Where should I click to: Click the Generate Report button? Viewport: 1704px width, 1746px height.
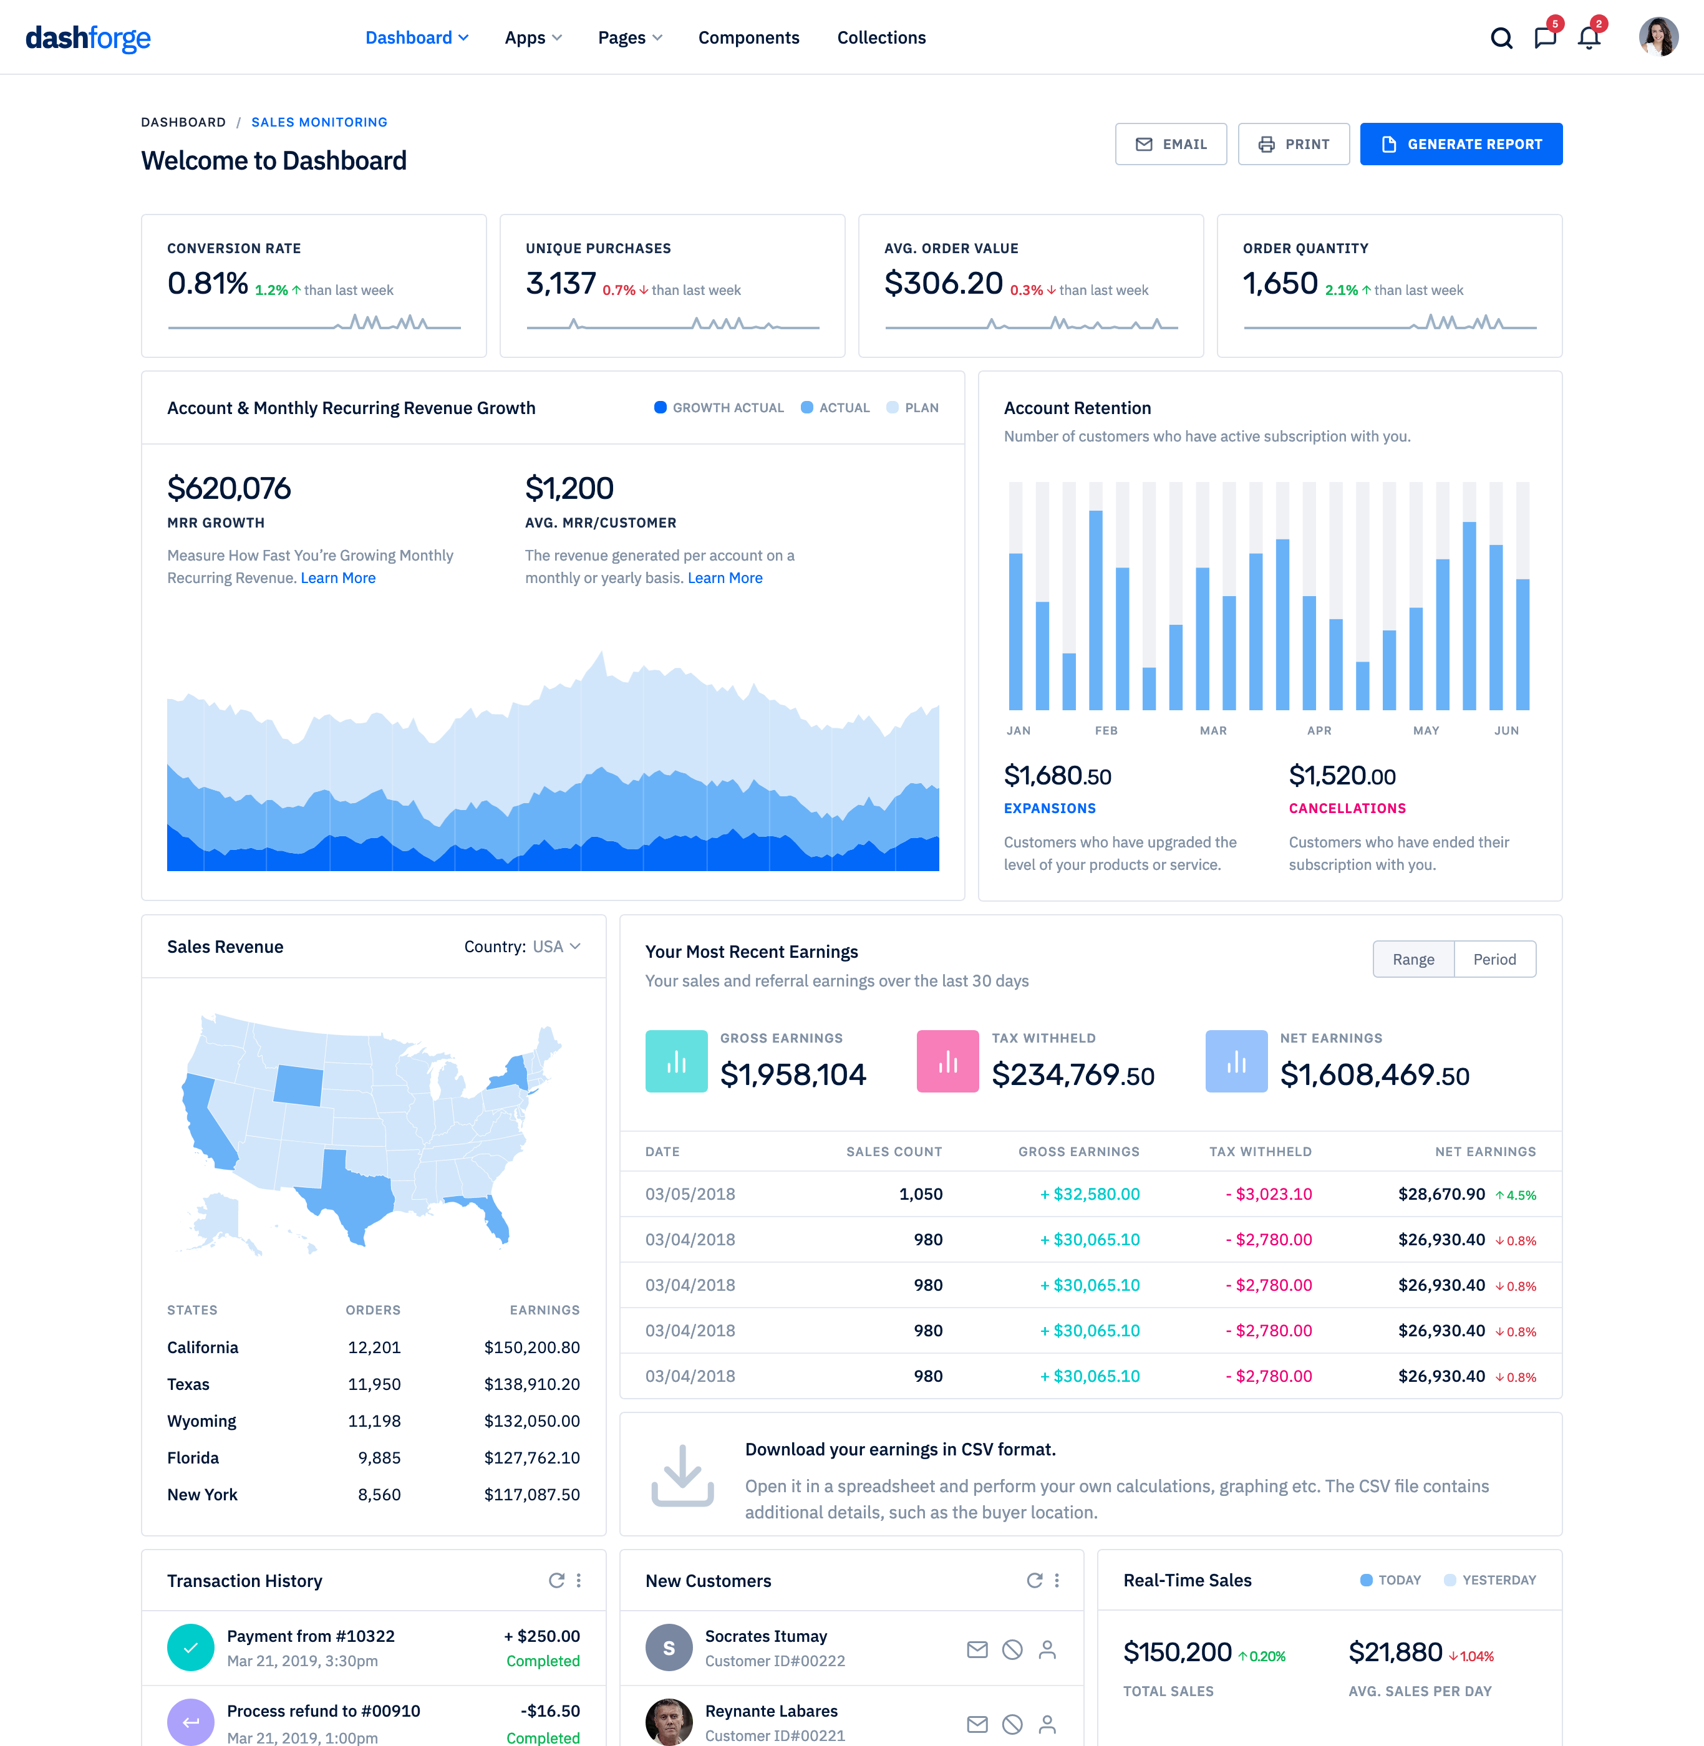click(x=1461, y=144)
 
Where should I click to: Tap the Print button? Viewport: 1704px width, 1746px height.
click(x=1293, y=144)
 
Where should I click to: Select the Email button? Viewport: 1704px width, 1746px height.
click(x=1171, y=144)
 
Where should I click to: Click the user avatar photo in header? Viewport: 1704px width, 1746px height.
click(x=1657, y=37)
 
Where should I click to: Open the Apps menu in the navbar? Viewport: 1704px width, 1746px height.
click(x=533, y=37)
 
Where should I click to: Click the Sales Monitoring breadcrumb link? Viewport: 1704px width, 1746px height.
click(x=319, y=122)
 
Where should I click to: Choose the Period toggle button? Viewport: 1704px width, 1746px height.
click(x=1494, y=959)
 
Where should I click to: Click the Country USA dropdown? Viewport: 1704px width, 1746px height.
click(x=523, y=947)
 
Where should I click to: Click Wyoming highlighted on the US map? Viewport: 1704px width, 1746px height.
click(x=298, y=1084)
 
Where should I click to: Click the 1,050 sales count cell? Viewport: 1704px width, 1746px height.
click(x=920, y=1194)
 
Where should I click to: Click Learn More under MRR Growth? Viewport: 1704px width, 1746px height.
click(x=337, y=578)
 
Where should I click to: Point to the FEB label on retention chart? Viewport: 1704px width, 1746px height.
click(x=1106, y=730)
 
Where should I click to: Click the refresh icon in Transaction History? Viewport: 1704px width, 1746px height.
click(x=556, y=1580)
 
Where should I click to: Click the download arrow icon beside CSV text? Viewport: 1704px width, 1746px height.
click(x=682, y=1475)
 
